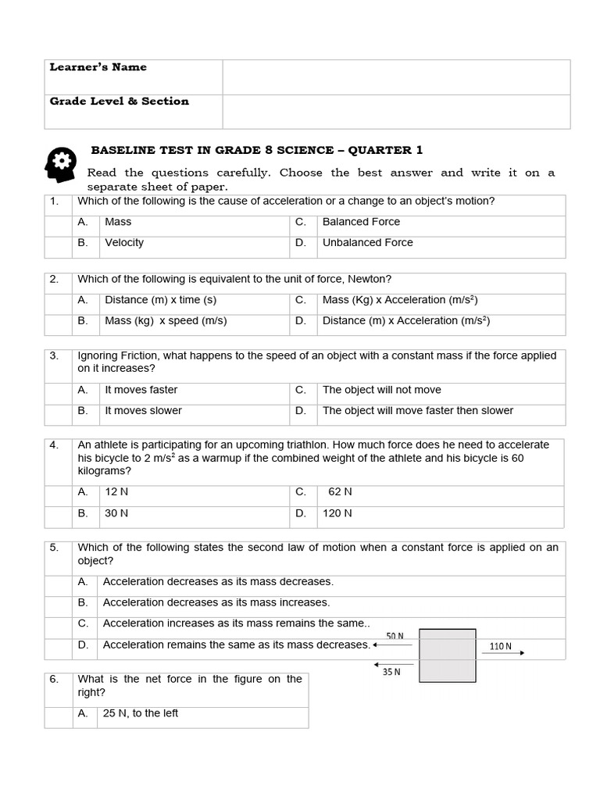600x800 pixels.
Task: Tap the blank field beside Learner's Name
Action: click(x=396, y=77)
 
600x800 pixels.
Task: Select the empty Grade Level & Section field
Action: click(x=396, y=111)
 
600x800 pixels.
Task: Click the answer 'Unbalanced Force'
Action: click(x=367, y=242)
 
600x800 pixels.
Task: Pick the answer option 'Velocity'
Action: click(x=124, y=242)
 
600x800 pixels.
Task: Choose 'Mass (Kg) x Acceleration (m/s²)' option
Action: click(x=399, y=299)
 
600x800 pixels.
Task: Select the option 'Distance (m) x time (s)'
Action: click(x=160, y=299)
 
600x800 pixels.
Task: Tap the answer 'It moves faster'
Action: click(x=141, y=390)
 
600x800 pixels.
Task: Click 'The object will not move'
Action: click(x=381, y=390)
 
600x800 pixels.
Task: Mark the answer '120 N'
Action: click(x=337, y=513)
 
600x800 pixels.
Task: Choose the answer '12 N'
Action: click(x=116, y=491)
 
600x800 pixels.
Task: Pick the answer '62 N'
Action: click(x=340, y=491)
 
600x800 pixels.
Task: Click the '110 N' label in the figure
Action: click(x=500, y=646)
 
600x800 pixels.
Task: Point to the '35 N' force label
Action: click(x=391, y=671)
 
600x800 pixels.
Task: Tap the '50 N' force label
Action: click(x=396, y=636)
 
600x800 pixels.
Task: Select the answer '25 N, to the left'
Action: click(x=141, y=713)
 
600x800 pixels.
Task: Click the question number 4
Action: click(x=54, y=445)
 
